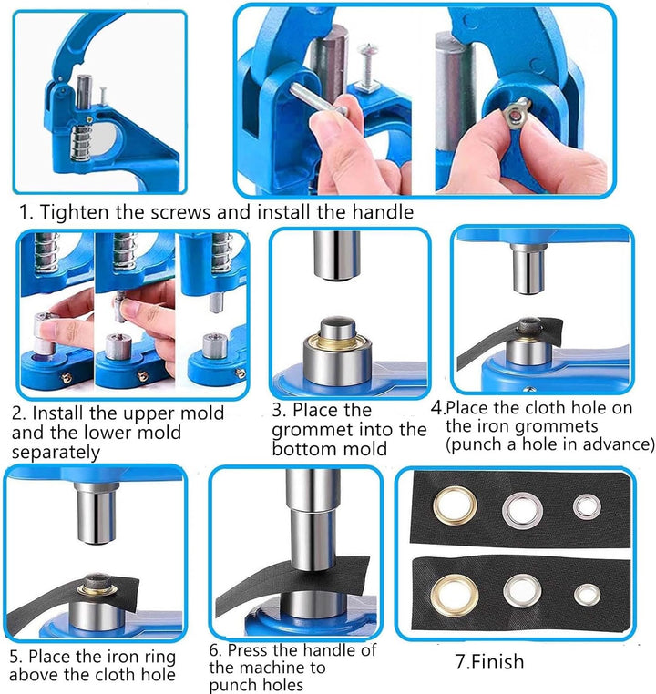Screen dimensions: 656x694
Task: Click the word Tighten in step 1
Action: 75,212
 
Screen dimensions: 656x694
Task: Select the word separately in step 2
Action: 56,453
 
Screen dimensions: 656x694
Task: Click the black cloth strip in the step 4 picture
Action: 509,342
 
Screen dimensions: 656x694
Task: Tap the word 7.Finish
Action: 489,662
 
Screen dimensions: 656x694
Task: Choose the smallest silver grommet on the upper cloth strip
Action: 587,506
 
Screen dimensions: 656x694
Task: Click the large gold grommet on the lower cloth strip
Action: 455,596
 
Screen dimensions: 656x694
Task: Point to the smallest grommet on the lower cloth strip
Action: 588,596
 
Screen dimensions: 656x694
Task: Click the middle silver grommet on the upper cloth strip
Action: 523,510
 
